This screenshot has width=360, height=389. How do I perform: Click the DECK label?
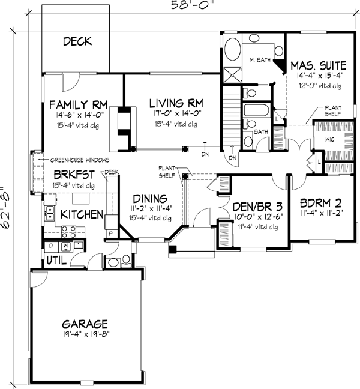coord(77,41)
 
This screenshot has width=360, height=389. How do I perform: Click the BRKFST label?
coord(70,174)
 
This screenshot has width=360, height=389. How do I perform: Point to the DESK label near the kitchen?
coord(112,172)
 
